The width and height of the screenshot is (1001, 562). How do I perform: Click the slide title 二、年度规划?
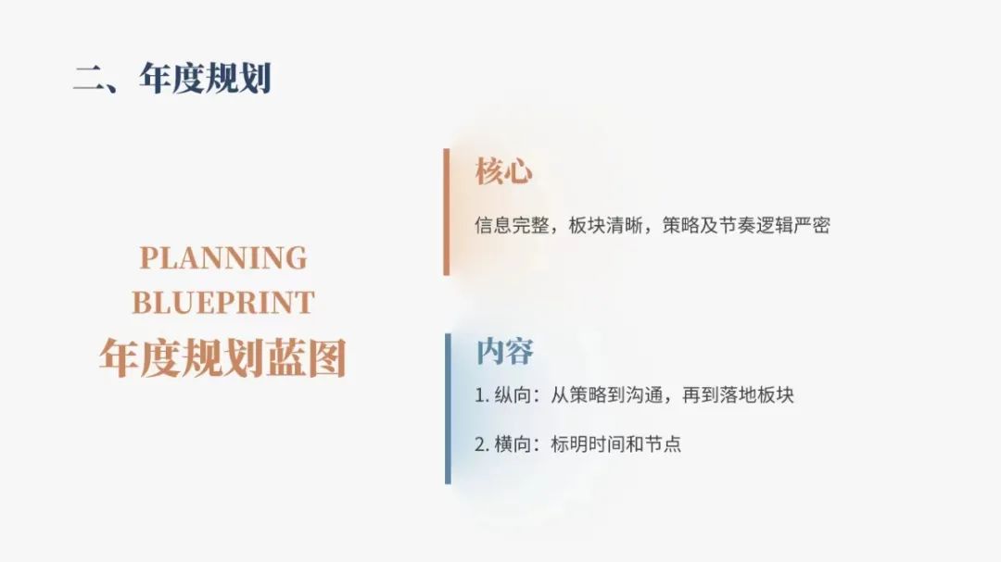[x=172, y=79]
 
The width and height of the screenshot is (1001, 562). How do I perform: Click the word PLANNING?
[x=223, y=258]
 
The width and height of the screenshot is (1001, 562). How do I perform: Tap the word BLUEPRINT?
[x=223, y=303]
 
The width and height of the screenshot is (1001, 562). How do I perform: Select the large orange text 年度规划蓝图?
[x=222, y=357]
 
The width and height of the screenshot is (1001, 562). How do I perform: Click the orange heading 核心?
[x=503, y=171]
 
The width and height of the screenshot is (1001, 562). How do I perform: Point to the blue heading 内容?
[x=504, y=352]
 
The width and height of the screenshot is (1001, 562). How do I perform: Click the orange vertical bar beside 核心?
[x=446, y=212]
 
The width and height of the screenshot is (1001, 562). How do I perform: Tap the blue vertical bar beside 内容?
[x=448, y=409]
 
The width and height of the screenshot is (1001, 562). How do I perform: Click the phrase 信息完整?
[x=512, y=225]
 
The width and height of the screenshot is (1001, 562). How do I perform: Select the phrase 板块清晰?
[x=606, y=225]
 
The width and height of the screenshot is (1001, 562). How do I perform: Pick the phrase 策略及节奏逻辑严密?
[x=746, y=225]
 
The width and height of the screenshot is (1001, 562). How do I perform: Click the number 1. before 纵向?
[x=482, y=395]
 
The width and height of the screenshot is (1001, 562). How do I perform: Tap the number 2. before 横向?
[x=482, y=444]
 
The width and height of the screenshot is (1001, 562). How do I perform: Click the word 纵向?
[x=513, y=395]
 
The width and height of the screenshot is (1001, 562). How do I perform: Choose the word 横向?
[x=513, y=444]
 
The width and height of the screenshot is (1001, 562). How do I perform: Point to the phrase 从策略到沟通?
[x=606, y=395]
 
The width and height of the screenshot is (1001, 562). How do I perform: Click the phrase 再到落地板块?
[x=738, y=395]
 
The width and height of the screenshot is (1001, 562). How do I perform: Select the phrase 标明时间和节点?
[x=616, y=444]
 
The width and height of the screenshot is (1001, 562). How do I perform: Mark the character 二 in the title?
[x=89, y=79]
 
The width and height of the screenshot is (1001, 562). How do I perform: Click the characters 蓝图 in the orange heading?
[x=306, y=357]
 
